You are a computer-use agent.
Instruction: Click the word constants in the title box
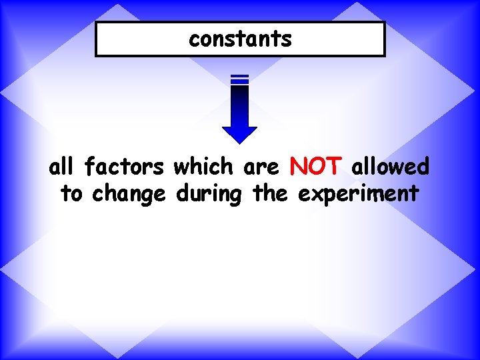tap(240, 39)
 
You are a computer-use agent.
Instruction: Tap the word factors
tap(125, 167)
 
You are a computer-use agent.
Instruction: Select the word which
tap(205, 167)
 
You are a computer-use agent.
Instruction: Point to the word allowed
tap(390, 167)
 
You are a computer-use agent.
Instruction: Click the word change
tap(129, 195)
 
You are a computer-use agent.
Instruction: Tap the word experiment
tap(358, 195)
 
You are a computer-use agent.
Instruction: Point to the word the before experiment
tap(270, 194)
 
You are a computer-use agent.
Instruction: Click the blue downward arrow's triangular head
tap(239, 133)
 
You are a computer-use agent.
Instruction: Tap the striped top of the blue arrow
tap(239, 79)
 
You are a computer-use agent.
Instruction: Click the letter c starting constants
tap(193, 40)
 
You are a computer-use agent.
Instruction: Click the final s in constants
tap(287, 40)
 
